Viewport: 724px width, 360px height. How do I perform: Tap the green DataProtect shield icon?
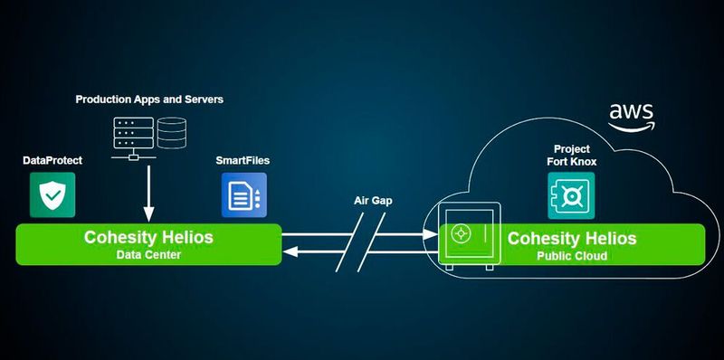[x=52, y=194]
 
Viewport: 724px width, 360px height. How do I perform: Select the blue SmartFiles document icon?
[x=243, y=194]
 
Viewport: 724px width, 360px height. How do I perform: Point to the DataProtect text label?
[x=52, y=160]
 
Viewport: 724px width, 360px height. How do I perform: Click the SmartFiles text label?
[x=243, y=160]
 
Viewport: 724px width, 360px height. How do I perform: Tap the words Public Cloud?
[x=572, y=256]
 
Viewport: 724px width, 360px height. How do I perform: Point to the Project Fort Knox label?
[x=571, y=155]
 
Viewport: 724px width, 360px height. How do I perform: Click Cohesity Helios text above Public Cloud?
[x=572, y=239]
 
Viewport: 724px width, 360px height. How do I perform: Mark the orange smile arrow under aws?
[x=631, y=128]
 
